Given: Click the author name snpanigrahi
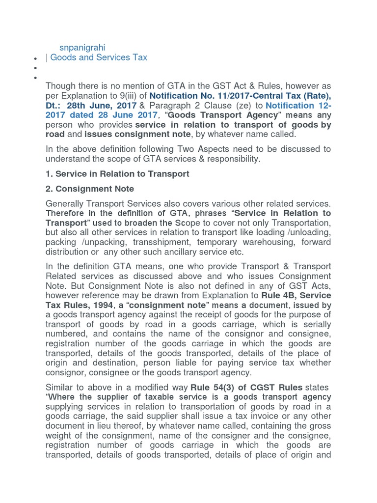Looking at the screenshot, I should [x=82, y=47].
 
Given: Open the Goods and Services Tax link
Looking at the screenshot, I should [x=99, y=57].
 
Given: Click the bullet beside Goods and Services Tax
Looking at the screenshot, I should [x=35, y=58].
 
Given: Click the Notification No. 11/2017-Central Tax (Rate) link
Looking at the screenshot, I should [x=240, y=96].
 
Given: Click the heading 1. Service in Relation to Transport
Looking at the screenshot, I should [x=117, y=174].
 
